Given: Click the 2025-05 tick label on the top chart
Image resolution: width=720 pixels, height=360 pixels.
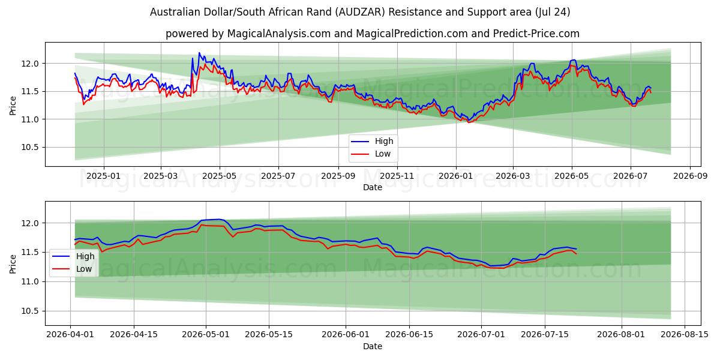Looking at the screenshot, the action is [x=220, y=176].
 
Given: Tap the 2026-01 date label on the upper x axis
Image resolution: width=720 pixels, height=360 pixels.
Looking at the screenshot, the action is [x=456, y=176].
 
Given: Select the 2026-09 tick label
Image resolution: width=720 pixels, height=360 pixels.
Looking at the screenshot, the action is [x=690, y=176].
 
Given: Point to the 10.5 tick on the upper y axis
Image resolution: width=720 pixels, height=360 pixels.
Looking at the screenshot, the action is [x=30, y=148].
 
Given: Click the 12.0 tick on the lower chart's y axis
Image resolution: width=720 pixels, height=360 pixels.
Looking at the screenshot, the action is [x=30, y=223].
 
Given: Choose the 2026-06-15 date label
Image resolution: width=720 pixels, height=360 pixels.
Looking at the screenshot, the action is [x=409, y=335].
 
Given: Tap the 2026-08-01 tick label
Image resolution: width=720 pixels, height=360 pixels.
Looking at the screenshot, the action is [x=621, y=335].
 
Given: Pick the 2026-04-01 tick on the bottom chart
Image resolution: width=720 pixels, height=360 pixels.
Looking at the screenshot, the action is [x=70, y=335].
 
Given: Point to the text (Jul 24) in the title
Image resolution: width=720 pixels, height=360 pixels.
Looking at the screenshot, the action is [x=553, y=12].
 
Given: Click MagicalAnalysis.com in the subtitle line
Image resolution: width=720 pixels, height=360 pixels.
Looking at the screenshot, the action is [x=279, y=34].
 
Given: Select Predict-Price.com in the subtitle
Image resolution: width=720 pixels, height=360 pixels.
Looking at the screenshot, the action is [x=536, y=34].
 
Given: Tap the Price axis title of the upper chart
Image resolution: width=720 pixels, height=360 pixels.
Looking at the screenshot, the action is [x=13, y=106].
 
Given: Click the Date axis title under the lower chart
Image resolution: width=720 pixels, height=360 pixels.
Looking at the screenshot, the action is [x=373, y=347].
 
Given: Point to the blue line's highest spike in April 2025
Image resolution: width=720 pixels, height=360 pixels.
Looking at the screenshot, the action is [x=199, y=53].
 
